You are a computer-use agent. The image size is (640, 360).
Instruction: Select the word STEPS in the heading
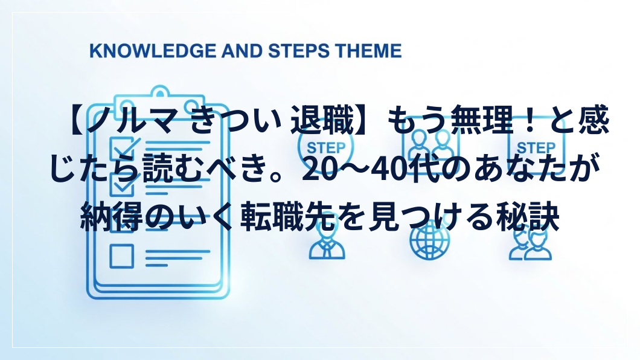coord(299,51)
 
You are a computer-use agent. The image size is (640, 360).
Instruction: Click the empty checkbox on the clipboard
coord(121,256)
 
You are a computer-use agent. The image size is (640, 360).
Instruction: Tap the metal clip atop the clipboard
coord(159,98)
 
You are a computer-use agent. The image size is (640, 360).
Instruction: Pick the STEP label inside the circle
coord(326,148)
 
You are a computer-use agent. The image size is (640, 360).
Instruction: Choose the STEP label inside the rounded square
coord(536,148)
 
